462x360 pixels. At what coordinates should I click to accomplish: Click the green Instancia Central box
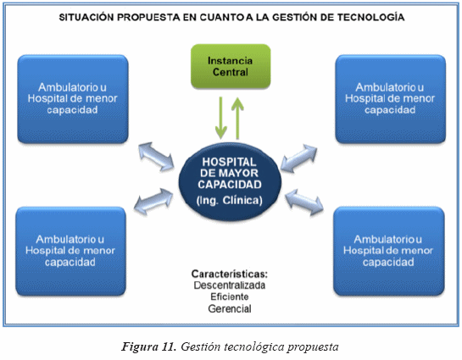pyautogui.click(x=231, y=67)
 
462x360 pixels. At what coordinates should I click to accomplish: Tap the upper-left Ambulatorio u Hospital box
pyautogui.click(x=73, y=99)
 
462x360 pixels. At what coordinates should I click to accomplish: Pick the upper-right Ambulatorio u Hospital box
pyautogui.click(x=391, y=99)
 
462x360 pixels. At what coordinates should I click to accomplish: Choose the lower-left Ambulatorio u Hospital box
pyautogui.click(x=70, y=251)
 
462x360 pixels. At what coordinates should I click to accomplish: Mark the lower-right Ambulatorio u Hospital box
pyautogui.click(x=388, y=251)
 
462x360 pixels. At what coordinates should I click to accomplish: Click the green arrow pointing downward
pyautogui.click(x=220, y=118)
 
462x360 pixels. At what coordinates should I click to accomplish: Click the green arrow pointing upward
pyautogui.click(x=237, y=119)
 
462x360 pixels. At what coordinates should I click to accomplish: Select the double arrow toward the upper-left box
pyautogui.click(x=156, y=157)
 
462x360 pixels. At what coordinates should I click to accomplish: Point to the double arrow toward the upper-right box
pyautogui.click(x=298, y=158)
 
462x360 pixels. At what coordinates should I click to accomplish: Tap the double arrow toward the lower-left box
pyautogui.click(x=153, y=202)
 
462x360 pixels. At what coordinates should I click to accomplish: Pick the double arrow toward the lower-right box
pyautogui.click(x=304, y=202)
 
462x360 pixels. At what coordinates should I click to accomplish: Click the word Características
pyautogui.click(x=230, y=274)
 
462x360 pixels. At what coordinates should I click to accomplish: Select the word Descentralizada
pyautogui.click(x=230, y=285)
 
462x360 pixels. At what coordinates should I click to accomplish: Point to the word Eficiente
pyautogui.click(x=230, y=296)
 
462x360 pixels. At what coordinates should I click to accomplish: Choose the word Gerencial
pyautogui.click(x=230, y=309)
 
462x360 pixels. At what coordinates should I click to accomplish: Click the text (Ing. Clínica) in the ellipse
pyautogui.click(x=230, y=201)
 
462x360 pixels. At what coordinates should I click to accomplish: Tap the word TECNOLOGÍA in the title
pyautogui.click(x=370, y=17)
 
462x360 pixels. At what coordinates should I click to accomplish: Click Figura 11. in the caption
pyautogui.click(x=149, y=346)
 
